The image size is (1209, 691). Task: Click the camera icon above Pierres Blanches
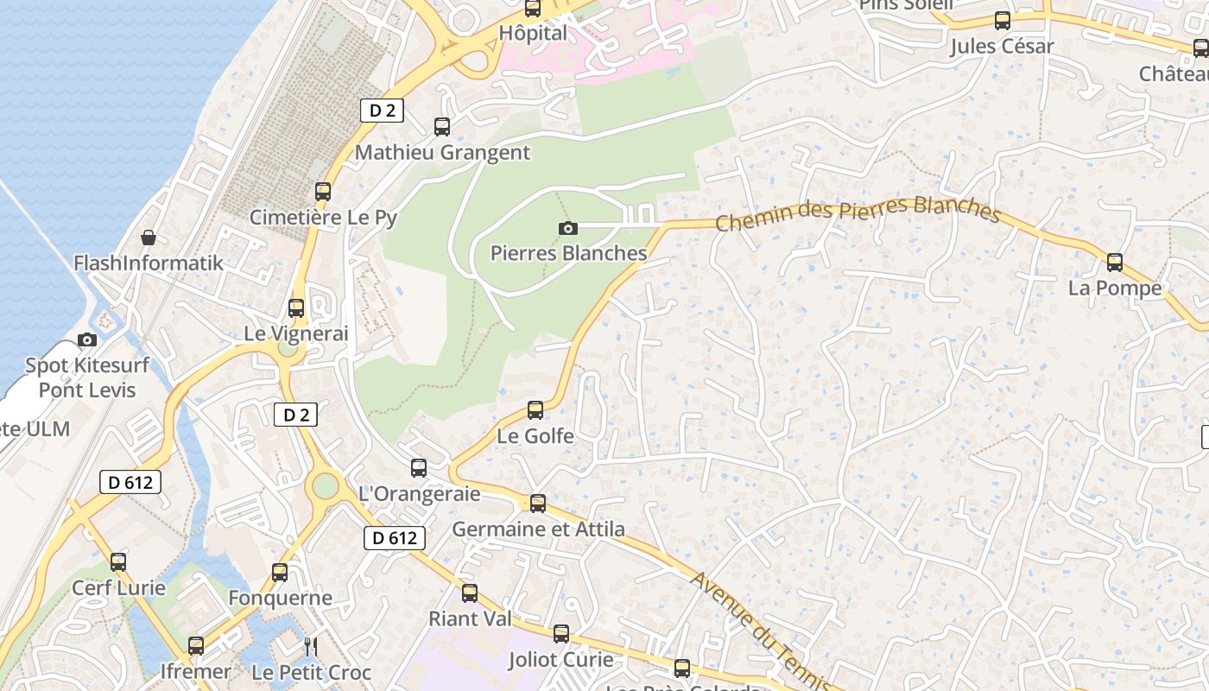tap(568, 228)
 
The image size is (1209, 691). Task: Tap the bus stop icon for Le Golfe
tap(535, 410)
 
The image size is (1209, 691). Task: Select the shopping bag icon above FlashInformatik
tap(149, 238)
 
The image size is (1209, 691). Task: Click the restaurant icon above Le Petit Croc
tap(311, 646)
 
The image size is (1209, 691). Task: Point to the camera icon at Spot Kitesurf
tap(87, 339)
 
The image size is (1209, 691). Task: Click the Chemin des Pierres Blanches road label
tap(858, 214)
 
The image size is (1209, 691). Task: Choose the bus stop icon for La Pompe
tap(1115, 263)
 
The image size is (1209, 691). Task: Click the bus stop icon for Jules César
tap(1003, 21)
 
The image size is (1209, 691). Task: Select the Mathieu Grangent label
tap(442, 153)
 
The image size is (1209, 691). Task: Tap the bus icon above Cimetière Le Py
tap(323, 192)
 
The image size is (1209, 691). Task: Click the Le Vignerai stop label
tap(296, 333)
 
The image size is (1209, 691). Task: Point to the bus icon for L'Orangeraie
tap(419, 468)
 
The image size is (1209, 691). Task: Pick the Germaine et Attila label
tap(538, 529)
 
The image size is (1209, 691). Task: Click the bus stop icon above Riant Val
tap(470, 593)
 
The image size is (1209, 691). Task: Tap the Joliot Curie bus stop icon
tap(561, 634)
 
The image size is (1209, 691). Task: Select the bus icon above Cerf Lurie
tap(118, 562)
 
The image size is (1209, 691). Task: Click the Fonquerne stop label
tap(280, 598)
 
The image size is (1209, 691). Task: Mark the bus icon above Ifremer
tap(196, 646)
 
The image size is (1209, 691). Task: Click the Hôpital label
tap(534, 34)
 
